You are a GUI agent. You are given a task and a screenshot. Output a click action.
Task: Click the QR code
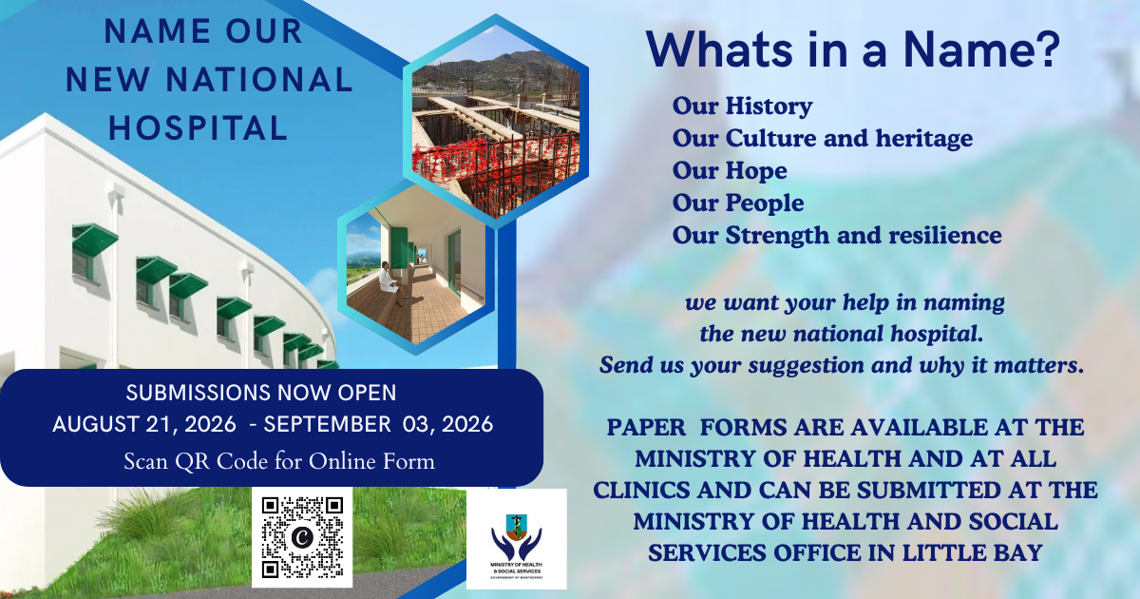click(x=302, y=537)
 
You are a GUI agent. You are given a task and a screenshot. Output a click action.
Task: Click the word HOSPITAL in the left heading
click(x=199, y=127)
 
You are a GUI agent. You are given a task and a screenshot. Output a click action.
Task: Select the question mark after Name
click(x=1047, y=48)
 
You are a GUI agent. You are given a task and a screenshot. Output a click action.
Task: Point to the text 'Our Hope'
click(x=730, y=170)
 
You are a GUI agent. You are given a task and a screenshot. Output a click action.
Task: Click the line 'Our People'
click(x=738, y=203)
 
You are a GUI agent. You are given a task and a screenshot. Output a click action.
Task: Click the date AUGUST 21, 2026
click(x=144, y=424)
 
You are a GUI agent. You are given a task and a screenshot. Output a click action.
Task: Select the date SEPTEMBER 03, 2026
click(x=378, y=424)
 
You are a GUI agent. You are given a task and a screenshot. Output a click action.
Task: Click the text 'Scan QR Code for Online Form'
click(x=279, y=461)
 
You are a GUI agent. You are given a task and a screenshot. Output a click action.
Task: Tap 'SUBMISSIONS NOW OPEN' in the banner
click(x=261, y=393)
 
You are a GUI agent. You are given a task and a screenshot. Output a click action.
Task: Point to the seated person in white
click(x=390, y=283)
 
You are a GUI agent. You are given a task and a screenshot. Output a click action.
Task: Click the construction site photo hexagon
click(x=496, y=122)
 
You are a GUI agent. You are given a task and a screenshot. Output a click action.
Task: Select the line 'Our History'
click(x=742, y=106)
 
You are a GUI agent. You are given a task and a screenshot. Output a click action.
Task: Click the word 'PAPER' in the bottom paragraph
click(x=646, y=427)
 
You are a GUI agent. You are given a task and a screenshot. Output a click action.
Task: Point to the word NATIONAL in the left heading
click(x=259, y=80)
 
